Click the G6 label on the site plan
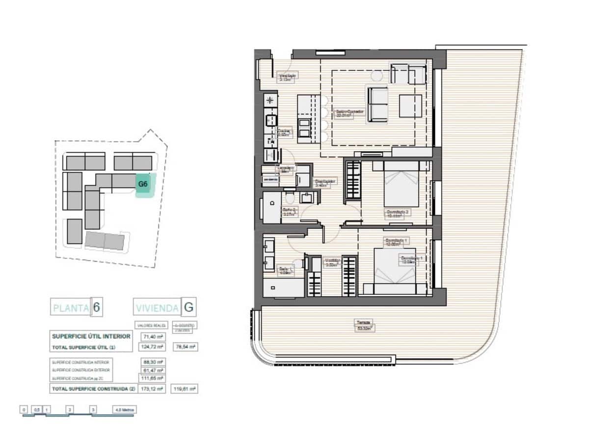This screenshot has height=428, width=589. pyautogui.click(x=143, y=185)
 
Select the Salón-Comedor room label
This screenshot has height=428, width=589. pyautogui.click(x=350, y=113)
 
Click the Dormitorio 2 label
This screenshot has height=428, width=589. pyautogui.click(x=397, y=214)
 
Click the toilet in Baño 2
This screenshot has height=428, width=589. pyautogui.click(x=289, y=198)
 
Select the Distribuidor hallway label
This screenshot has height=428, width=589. pyautogui.click(x=324, y=183)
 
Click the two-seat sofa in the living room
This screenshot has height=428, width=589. pyautogui.click(x=378, y=104)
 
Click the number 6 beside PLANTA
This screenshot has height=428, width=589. pyautogui.click(x=97, y=308)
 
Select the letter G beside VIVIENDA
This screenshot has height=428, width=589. pyautogui.click(x=188, y=308)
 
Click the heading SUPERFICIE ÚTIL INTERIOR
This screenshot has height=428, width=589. pyautogui.click(x=91, y=336)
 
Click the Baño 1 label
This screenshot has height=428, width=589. pyautogui.click(x=286, y=270)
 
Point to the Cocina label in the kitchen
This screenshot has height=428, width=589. pyautogui.click(x=285, y=133)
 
